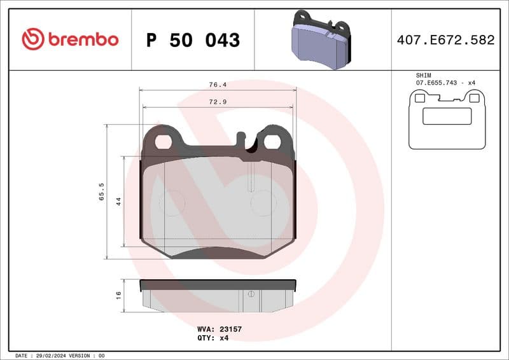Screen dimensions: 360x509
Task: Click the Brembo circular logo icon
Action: click(x=33, y=39)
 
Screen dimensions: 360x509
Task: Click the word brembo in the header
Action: click(x=82, y=39)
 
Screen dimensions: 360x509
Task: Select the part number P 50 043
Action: click(x=193, y=40)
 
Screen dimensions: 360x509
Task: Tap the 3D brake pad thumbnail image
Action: click(x=321, y=39)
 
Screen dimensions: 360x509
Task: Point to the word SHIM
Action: click(x=424, y=75)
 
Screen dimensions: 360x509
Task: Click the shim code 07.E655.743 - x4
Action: click(x=446, y=83)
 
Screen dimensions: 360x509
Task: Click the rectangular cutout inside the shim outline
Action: click(x=447, y=116)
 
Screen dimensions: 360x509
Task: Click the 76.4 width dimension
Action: click(x=218, y=84)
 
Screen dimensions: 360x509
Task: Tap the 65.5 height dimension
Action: click(x=101, y=191)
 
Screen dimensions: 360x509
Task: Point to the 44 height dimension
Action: click(x=118, y=200)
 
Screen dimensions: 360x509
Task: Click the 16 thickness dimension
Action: click(x=118, y=294)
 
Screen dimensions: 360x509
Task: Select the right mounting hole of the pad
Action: click(x=272, y=141)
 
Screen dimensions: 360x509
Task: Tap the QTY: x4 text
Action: click(x=213, y=338)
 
